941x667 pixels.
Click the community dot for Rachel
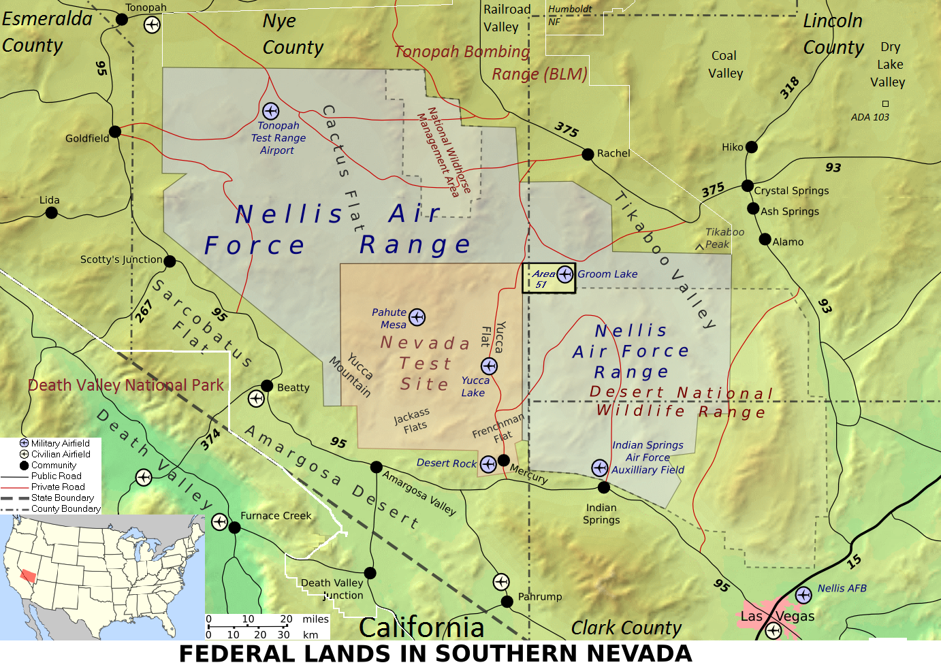coord(588,154)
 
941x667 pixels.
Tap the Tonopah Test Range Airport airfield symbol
coord(270,111)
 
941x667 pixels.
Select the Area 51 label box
coord(549,278)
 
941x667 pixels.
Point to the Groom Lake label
coord(607,274)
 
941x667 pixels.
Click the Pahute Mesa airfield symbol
coord(417,317)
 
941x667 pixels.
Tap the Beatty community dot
coord(267,386)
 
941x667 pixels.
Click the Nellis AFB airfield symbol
coord(803,595)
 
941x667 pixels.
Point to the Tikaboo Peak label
coord(724,238)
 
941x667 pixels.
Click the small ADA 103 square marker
coord(885,103)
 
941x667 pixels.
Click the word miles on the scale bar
coord(315,619)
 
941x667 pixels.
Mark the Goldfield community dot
coord(115,131)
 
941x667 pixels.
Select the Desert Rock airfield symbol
coord(488,463)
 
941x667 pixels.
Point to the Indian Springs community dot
coord(603,487)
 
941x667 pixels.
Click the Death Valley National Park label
coord(126,385)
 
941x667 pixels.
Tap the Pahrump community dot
coord(507,601)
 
